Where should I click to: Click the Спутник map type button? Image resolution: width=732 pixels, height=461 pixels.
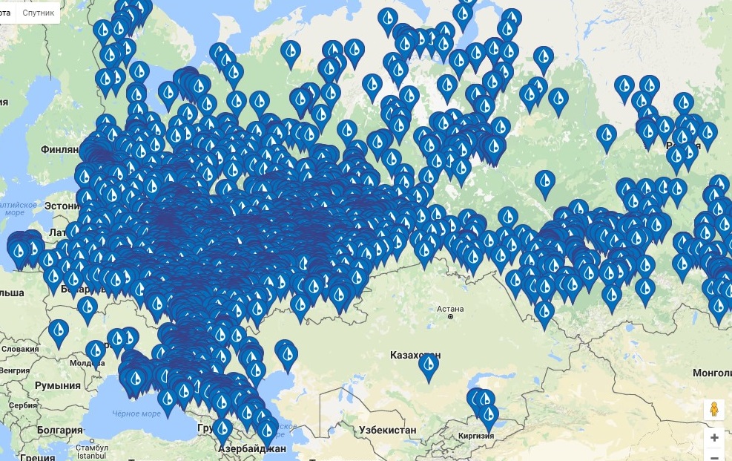(x=38, y=13)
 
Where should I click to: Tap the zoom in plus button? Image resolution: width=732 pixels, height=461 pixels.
(x=713, y=437)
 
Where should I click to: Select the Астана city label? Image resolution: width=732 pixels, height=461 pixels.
(x=450, y=309)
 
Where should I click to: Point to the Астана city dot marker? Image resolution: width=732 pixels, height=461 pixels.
(x=450, y=317)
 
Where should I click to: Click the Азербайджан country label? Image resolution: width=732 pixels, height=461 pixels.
(x=252, y=449)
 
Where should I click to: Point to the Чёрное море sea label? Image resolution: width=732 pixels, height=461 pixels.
(x=136, y=414)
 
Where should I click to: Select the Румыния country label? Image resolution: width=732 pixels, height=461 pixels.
(x=57, y=385)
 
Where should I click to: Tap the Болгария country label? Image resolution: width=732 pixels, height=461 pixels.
(x=62, y=430)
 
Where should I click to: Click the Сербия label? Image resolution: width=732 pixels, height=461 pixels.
(x=24, y=405)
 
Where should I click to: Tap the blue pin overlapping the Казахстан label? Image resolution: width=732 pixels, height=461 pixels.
(x=429, y=365)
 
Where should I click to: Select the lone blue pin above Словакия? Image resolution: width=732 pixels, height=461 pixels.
(x=59, y=330)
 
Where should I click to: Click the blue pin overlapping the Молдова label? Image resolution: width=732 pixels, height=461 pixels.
(x=96, y=352)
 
